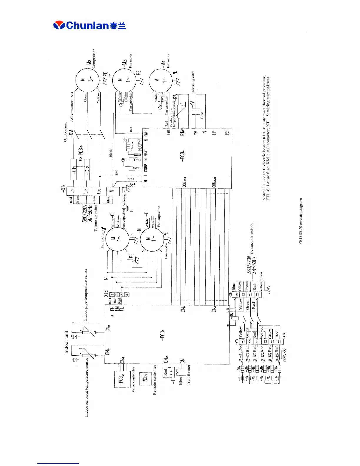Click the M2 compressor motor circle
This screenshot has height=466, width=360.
point(87,80)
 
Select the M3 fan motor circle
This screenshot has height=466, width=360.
point(124,80)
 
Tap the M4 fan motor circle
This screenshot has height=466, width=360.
point(161,80)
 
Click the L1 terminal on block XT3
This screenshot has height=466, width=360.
point(71,191)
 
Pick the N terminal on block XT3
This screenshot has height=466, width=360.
point(112,191)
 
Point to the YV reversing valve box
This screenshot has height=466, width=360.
point(196,112)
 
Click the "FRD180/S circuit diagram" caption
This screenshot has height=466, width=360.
point(301,221)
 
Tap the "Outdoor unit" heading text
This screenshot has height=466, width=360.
point(65,132)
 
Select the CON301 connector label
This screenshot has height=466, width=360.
point(184,182)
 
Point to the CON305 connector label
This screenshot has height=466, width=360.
point(214,182)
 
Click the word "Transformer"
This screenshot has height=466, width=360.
point(189,374)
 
